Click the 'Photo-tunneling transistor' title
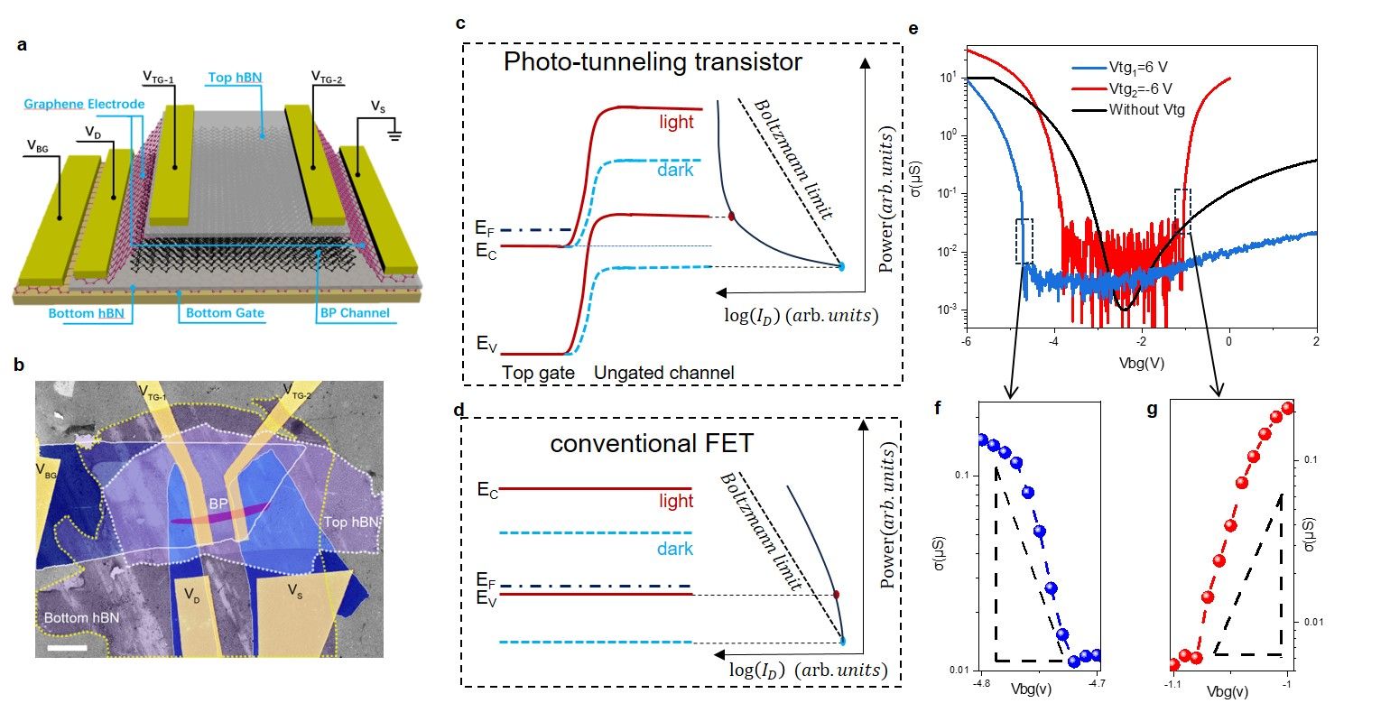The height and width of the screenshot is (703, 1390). pyautogui.click(x=653, y=62)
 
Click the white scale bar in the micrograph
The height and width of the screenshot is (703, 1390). pyautogui.click(x=74, y=647)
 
